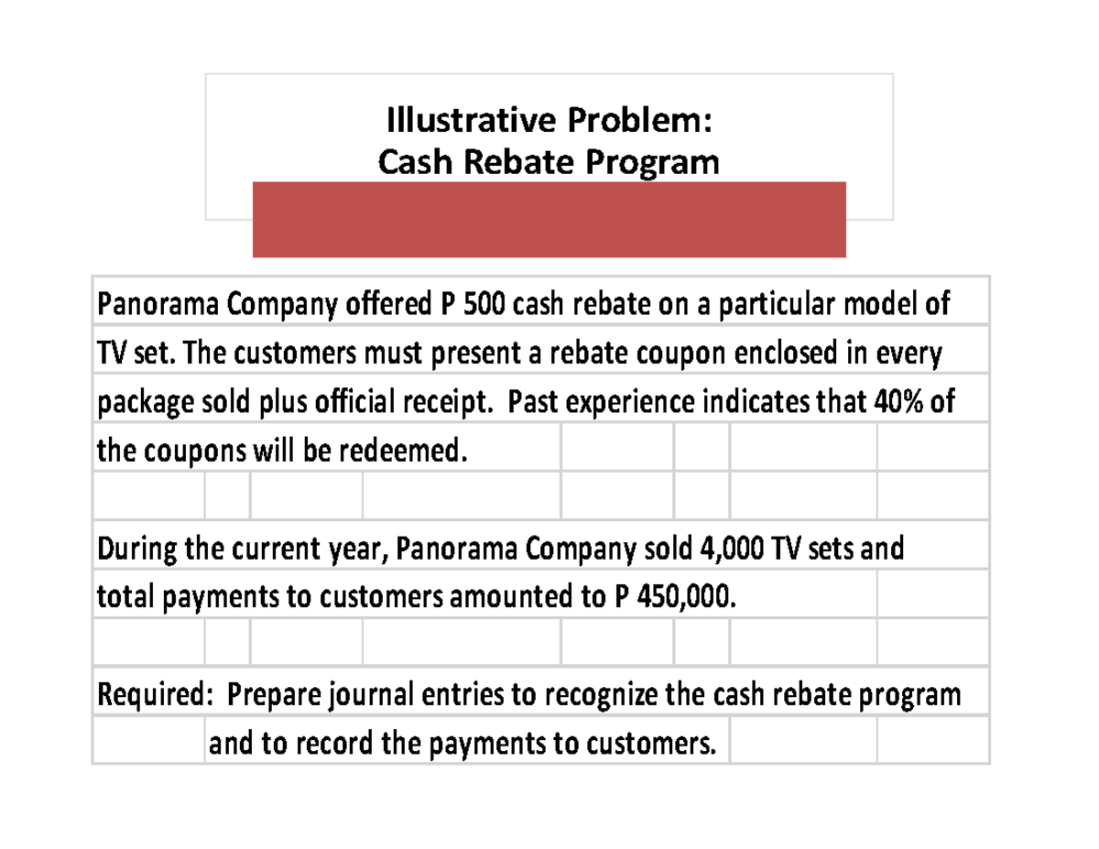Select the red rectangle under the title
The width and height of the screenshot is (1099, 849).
click(x=549, y=220)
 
